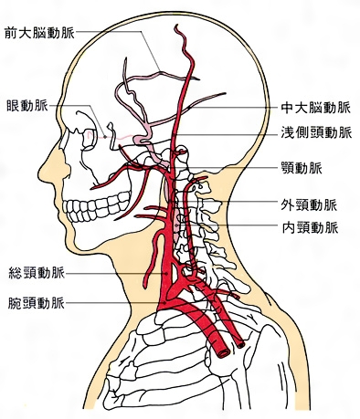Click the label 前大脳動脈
point(39,33)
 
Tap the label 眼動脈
point(27,106)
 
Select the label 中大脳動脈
point(315,108)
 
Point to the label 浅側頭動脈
point(316,132)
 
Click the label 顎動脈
point(302,168)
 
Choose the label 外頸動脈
point(309,205)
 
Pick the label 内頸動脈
point(310,227)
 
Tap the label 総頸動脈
point(37,273)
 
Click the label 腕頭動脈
point(37,303)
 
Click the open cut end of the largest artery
point(224,352)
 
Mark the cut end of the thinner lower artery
point(241,344)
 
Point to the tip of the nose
point(39,173)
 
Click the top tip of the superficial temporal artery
point(176,26)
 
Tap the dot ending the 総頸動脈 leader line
point(166,274)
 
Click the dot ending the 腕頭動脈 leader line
point(164,303)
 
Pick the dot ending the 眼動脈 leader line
point(105,137)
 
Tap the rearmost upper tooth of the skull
point(125,197)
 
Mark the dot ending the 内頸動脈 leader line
point(176,225)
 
